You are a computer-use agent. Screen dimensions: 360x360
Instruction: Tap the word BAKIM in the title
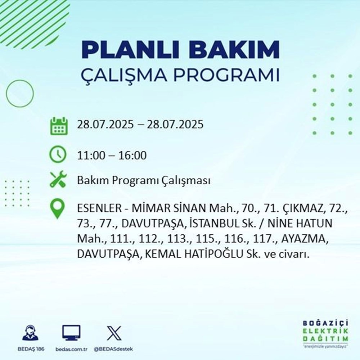click(x=235, y=50)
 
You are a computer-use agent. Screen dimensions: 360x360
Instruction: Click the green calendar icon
click(x=58, y=125)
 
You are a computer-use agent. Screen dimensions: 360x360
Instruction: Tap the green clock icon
click(x=58, y=155)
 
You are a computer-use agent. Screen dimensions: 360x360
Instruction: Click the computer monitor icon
click(x=71, y=333)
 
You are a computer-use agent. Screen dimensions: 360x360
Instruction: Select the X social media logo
click(x=114, y=333)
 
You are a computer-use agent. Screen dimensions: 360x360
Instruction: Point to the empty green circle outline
click(x=20, y=93)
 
